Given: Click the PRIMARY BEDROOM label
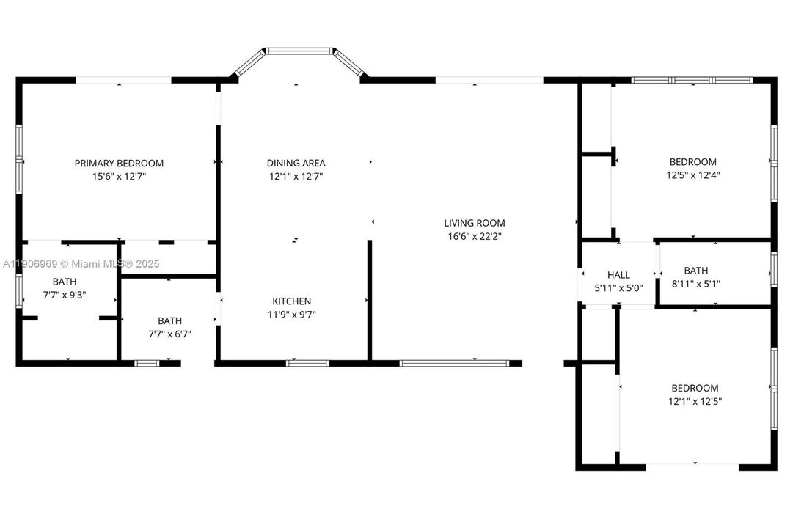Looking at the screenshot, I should coord(119,163).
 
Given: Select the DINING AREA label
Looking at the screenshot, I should coord(296,163).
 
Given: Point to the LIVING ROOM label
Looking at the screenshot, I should coord(474,223).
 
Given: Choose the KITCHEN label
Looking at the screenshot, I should coord(292,301).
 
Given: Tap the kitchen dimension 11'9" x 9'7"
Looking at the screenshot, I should coord(292,314).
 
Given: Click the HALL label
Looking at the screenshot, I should coord(618,275).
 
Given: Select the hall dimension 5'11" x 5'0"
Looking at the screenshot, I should coord(618,288).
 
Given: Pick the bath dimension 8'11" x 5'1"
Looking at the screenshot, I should coord(696,283).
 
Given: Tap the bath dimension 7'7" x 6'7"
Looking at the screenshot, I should coord(169,334).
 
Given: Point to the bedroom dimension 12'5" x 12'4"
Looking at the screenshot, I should coord(693,175).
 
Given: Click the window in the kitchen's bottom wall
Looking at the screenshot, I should coord(307,362).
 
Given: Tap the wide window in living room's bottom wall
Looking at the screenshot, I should coord(453,362).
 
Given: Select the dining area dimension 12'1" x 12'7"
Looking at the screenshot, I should coord(296,176).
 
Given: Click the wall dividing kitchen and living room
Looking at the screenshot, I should coord(370,301).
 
